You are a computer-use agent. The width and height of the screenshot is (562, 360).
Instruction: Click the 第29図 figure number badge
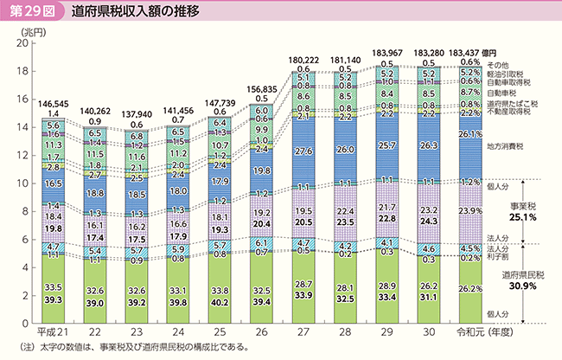click(30, 11)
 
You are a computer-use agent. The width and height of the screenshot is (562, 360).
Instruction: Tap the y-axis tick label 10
click(21, 183)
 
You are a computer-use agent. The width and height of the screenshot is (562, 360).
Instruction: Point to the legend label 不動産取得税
click(508, 112)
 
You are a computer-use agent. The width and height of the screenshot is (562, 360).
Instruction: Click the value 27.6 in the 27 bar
click(303, 151)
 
